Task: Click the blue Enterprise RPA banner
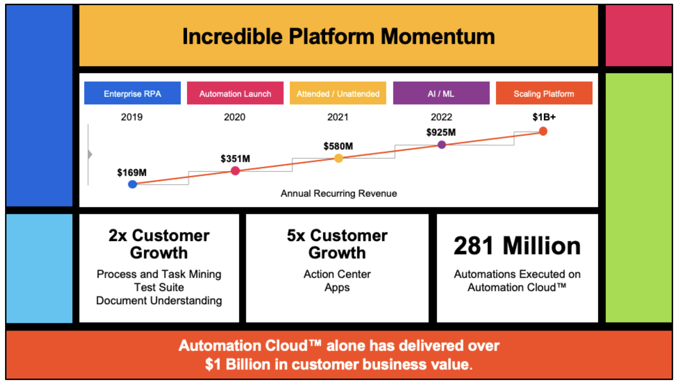click(132, 93)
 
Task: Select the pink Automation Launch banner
click(235, 93)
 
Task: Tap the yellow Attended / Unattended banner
click(338, 93)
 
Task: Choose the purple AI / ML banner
click(441, 93)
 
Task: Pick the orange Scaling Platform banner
click(544, 93)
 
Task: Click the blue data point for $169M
click(133, 184)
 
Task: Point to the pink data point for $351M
click(235, 170)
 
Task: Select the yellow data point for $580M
click(338, 158)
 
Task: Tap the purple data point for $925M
click(442, 145)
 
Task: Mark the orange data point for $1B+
click(543, 131)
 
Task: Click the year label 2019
click(132, 117)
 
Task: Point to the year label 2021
click(338, 117)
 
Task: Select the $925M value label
click(441, 132)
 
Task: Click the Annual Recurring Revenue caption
click(338, 193)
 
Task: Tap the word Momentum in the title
click(438, 36)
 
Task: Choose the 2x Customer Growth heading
click(159, 244)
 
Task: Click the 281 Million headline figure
click(517, 246)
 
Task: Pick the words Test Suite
click(159, 287)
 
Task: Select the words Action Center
click(337, 274)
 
